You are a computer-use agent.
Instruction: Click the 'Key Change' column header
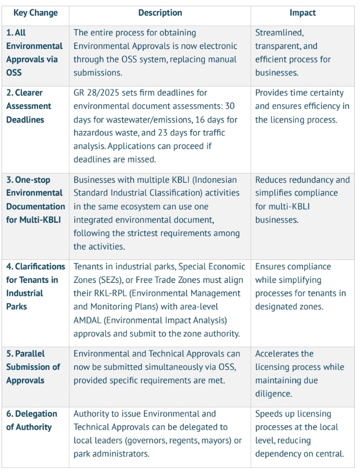(x=35, y=13)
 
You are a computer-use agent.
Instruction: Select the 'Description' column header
(x=160, y=13)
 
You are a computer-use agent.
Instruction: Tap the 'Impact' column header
(x=303, y=13)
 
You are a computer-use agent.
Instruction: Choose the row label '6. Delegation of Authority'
(x=32, y=420)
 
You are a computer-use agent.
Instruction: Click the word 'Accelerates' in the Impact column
(x=278, y=354)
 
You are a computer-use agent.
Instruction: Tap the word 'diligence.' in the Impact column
(x=274, y=394)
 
